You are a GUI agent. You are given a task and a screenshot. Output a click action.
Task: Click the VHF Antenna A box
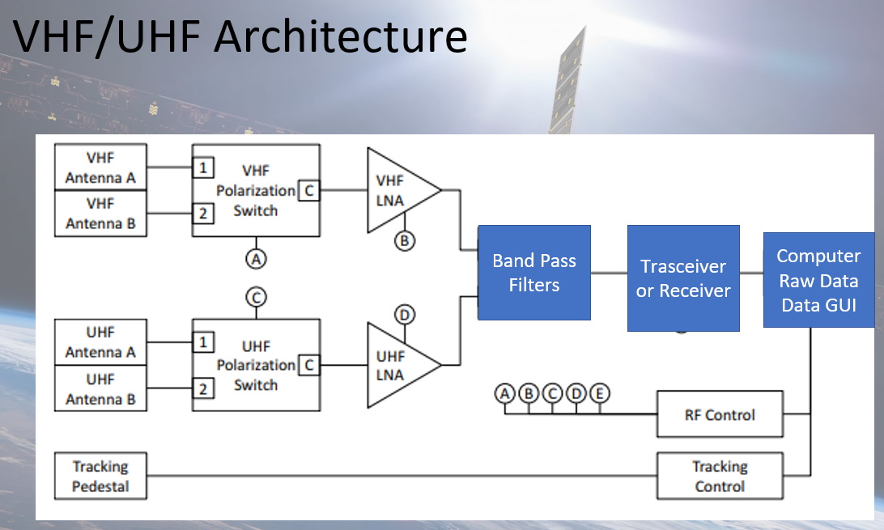[x=100, y=167]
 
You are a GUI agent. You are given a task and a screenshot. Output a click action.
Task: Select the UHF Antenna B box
[x=100, y=388]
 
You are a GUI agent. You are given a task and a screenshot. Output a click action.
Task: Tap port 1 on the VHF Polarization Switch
[x=203, y=167]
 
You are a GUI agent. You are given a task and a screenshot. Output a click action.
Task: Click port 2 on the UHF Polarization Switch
[x=203, y=388]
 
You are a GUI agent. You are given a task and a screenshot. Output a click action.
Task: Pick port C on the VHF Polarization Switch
[x=309, y=190]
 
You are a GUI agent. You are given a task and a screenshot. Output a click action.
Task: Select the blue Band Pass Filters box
[x=534, y=273]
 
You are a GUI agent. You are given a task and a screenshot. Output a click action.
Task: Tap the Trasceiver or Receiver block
[x=683, y=278]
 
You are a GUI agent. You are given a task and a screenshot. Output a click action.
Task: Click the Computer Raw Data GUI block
[x=818, y=280]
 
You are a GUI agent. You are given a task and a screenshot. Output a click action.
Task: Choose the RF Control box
[x=720, y=414]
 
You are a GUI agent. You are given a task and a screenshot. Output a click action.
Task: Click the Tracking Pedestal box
[x=100, y=476]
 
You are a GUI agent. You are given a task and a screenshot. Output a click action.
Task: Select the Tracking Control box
[x=720, y=476]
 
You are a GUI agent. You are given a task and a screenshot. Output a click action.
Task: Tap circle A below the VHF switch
[x=256, y=259]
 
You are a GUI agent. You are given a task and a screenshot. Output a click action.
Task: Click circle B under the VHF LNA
[x=404, y=241]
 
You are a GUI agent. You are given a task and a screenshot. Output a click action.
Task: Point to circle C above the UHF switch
[x=256, y=297]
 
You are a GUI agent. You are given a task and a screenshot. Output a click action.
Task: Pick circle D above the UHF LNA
[x=404, y=314]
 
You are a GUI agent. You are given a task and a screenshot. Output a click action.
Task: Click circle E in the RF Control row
[x=600, y=393]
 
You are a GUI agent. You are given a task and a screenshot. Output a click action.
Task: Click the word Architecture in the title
[x=341, y=36]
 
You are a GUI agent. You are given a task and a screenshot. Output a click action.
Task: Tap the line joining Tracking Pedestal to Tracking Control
[x=402, y=476]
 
